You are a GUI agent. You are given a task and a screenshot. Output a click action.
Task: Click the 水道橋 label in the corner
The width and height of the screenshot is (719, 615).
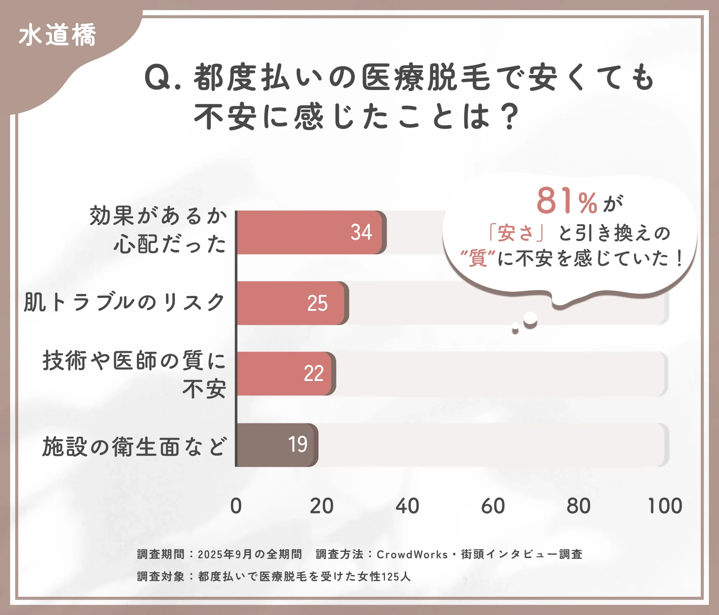click(x=57, y=35)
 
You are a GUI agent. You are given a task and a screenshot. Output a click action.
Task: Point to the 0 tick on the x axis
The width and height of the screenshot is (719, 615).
click(x=236, y=506)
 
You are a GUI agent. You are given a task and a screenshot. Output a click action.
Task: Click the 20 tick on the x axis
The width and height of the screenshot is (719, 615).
click(x=322, y=506)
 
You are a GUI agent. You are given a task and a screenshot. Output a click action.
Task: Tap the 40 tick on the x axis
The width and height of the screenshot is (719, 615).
click(x=408, y=506)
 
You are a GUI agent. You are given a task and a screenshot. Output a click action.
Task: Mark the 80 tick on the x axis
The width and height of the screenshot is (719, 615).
click(x=579, y=506)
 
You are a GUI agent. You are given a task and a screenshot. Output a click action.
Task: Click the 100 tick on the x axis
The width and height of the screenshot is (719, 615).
click(x=665, y=506)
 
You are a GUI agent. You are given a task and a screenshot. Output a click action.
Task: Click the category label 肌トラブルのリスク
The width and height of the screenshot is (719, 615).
click(x=124, y=302)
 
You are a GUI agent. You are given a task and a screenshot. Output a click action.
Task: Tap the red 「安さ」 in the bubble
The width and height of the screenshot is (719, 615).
click(x=516, y=233)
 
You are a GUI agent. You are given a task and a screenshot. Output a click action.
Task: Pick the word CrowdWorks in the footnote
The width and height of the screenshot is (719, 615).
click(x=412, y=555)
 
